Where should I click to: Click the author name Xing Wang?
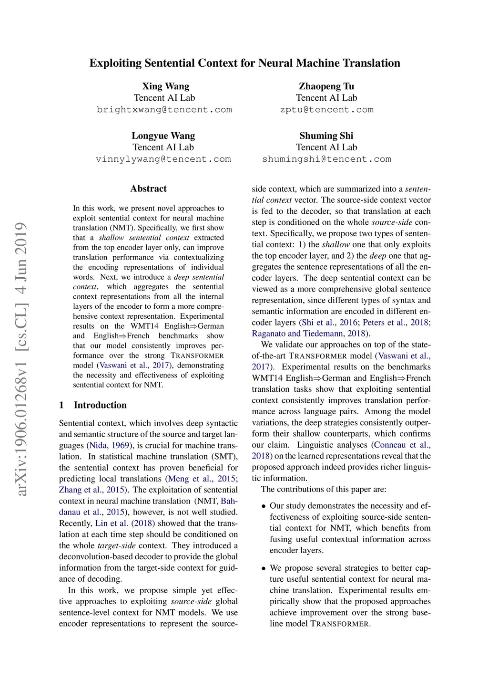[x=165, y=86]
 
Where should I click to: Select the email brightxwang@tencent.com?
[x=164, y=110]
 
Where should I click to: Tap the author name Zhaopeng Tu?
[x=326, y=86]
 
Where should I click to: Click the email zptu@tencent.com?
[x=326, y=110]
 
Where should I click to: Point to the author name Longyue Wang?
[x=163, y=136]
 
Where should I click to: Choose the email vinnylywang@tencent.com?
[x=163, y=159]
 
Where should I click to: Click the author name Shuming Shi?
[x=326, y=136]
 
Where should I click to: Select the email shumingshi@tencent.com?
[x=326, y=159]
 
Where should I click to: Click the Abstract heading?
[x=148, y=188]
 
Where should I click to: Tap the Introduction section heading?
[x=100, y=405]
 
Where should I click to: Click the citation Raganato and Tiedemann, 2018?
[x=309, y=334]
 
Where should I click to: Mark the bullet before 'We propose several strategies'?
[x=264, y=568]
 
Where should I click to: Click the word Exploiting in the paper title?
[x=115, y=63]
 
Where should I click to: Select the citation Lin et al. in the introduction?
[x=111, y=523]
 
